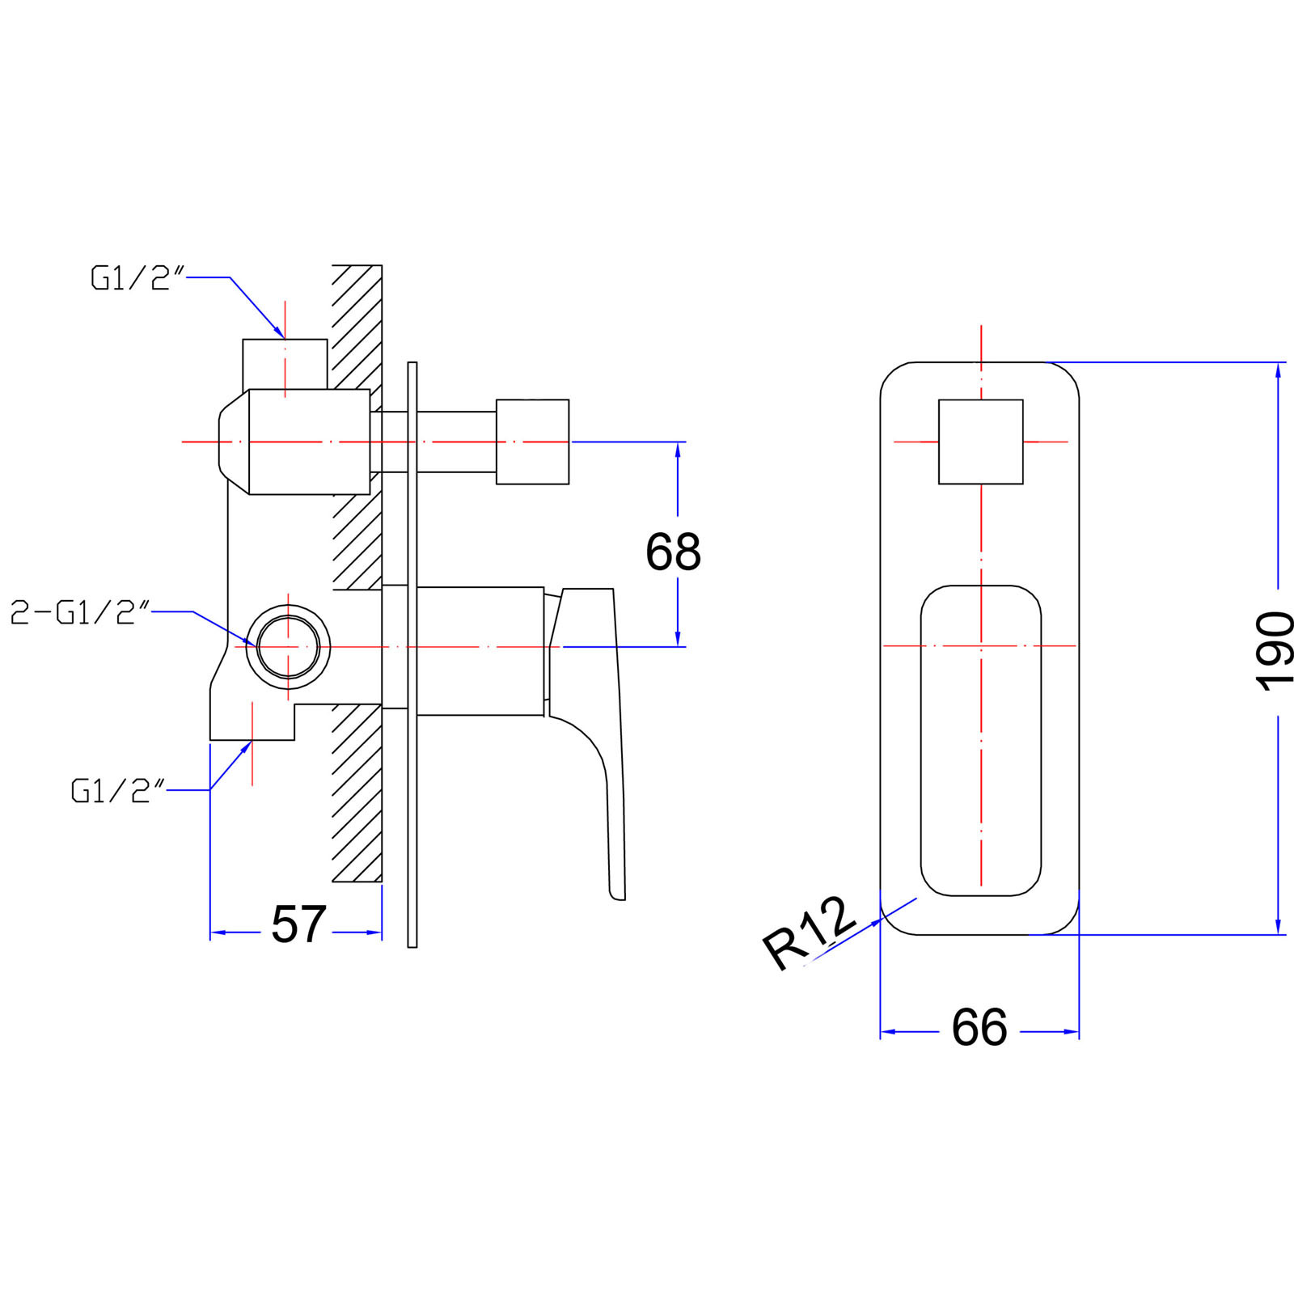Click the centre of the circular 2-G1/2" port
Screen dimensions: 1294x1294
coord(289,647)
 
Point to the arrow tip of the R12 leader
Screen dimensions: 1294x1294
coord(882,919)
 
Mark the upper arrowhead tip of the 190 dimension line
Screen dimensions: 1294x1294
coord(1278,363)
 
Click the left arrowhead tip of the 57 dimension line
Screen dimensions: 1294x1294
coord(210,932)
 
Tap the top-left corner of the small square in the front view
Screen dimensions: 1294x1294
coord(939,400)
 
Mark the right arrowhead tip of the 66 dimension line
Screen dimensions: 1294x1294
coord(1080,1032)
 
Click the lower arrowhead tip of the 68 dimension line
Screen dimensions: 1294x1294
coord(678,646)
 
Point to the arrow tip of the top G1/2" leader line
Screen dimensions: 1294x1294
coord(284,338)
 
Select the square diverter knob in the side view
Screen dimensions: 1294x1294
coord(532,442)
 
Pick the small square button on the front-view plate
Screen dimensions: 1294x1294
coord(981,442)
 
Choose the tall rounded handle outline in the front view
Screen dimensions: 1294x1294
coord(981,741)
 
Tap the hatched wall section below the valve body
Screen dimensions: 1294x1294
coord(357,793)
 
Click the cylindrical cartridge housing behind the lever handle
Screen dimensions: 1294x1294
coord(480,651)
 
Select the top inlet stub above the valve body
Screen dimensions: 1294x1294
coord(285,364)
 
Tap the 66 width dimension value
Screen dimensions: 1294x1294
coord(979,1028)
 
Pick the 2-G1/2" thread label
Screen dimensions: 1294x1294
coord(80,613)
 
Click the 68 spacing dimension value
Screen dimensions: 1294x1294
coord(673,552)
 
